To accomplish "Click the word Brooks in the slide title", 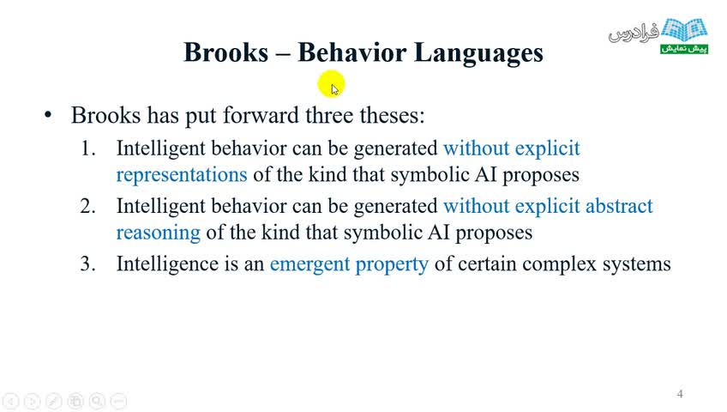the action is [x=225, y=52].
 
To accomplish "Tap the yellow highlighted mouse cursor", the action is [x=332, y=84].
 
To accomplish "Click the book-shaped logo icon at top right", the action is [x=684, y=30].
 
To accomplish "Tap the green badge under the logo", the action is [x=684, y=48].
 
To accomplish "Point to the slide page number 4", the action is [x=680, y=394].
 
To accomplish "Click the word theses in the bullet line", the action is [x=393, y=115].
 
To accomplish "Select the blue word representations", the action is [x=181, y=175].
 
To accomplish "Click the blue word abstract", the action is [x=619, y=206].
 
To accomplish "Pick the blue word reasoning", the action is [x=158, y=233].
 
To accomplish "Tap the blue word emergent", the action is [x=309, y=264].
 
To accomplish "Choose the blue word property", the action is [x=392, y=265].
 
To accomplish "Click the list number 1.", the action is [x=87, y=149].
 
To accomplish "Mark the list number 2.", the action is [x=87, y=207].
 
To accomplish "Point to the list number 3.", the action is [x=87, y=264].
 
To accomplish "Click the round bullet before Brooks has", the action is [x=48, y=115].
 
